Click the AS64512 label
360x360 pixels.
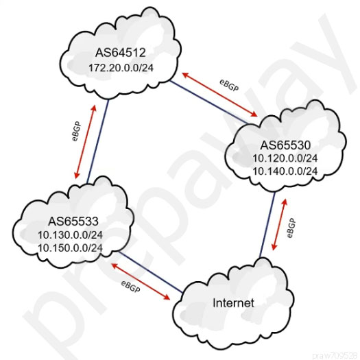[x=121, y=52]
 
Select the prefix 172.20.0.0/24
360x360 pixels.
[x=121, y=68]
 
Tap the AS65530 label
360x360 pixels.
[x=285, y=145]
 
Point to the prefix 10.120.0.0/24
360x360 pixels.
[x=285, y=158]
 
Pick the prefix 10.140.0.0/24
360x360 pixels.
[x=285, y=171]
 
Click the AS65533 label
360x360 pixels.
[x=73, y=221]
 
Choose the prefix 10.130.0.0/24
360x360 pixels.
[x=70, y=235]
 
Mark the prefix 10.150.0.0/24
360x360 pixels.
[x=70, y=248]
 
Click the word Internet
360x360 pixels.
[x=234, y=303]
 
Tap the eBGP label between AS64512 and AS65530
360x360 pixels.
[x=229, y=86]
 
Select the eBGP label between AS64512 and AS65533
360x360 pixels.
[x=76, y=131]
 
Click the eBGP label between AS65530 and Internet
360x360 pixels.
[x=291, y=228]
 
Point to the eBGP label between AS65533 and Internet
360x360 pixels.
[x=130, y=287]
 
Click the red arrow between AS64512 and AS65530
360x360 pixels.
[x=219, y=95]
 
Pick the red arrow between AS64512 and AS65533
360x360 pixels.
[x=85, y=142]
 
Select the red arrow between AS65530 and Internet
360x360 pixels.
[x=279, y=224]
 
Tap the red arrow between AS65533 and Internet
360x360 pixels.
[x=141, y=282]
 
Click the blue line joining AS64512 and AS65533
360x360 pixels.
[x=97, y=142]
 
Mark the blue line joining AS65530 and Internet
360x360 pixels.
[x=267, y=224]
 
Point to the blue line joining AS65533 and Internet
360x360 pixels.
[x=150, y=272]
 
